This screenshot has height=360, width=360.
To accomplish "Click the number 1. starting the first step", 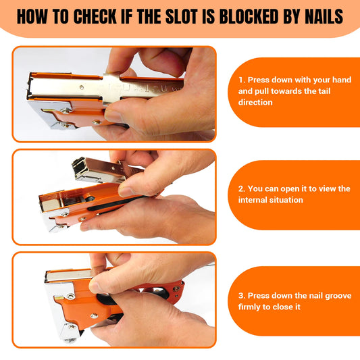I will click(242, 79).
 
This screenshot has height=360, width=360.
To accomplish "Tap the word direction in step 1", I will click(256, 103).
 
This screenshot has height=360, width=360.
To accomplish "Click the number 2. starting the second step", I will click(242, 189).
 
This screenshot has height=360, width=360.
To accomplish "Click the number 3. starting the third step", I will click(242, 295).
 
